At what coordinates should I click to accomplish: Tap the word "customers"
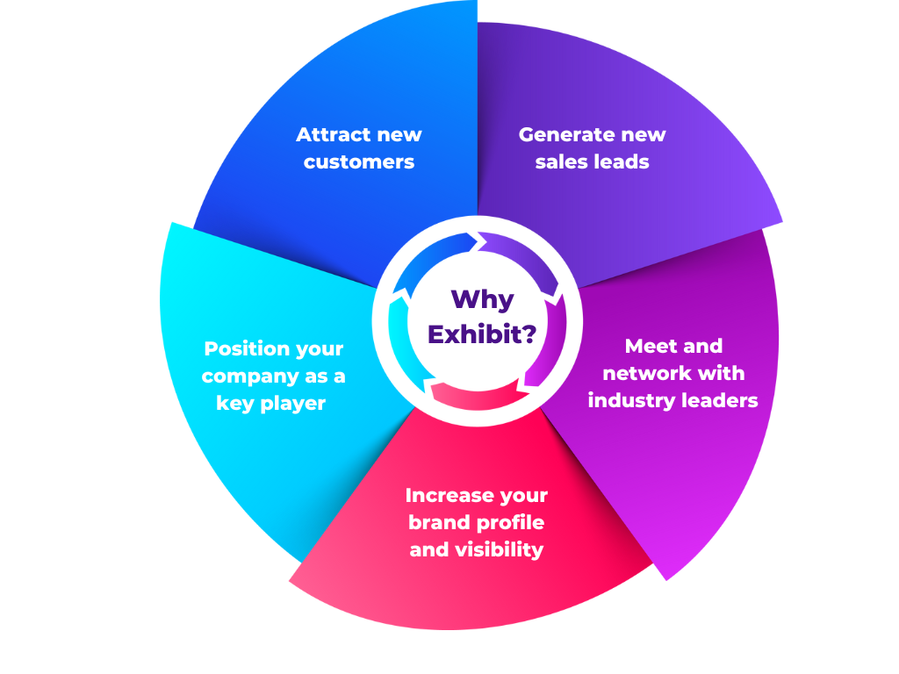[359, 162]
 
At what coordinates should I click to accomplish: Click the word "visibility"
[500, 550]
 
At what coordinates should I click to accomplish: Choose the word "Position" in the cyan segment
[243, 349]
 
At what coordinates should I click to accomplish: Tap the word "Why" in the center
[482, 300]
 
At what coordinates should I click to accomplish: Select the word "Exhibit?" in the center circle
[482, 334]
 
